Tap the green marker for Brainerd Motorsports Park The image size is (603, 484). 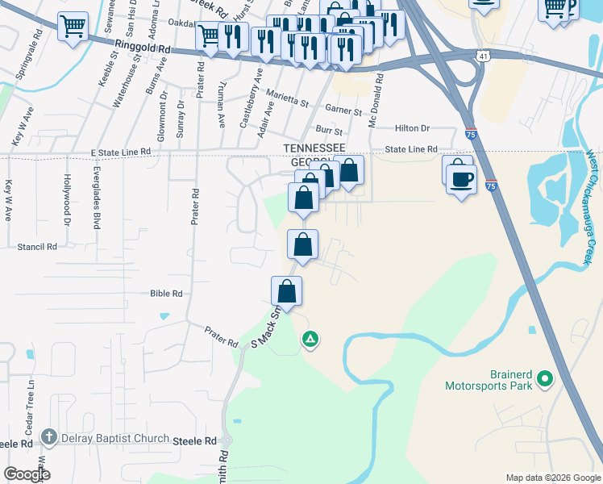[x=545, y=378]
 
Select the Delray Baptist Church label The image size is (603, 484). [x=114, y=439]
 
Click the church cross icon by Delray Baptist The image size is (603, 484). [x=50, y=438]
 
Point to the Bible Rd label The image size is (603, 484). [x=167, y=294]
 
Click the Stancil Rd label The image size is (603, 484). [x=37, y=247]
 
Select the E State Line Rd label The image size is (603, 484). [x=121, y=152]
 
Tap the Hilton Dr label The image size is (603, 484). [x=413, y=128]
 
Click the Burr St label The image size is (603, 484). [x=329, y=130]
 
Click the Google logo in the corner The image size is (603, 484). [x=27, y=474]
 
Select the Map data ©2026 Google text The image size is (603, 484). [x=552, y=478]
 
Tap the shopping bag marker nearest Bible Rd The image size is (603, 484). [x=287, y=291]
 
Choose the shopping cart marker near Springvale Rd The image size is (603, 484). [x=73, y=27]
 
